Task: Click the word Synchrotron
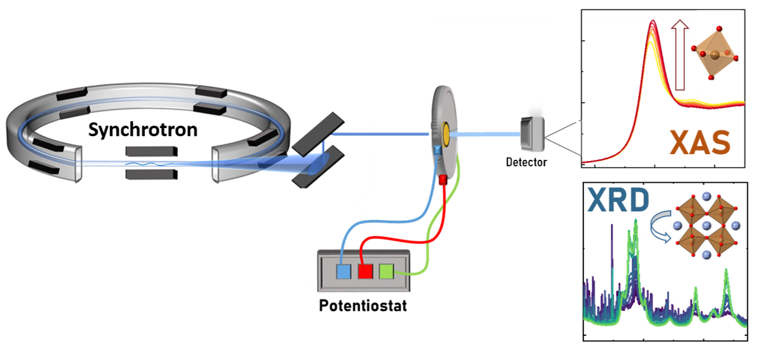[142, 130]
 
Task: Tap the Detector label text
[526, 162]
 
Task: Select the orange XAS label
[699, 143]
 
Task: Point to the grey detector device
[533, 132]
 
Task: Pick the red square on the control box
[365, 272]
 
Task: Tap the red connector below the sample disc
[444, 181]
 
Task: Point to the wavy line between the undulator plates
[146, 164]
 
